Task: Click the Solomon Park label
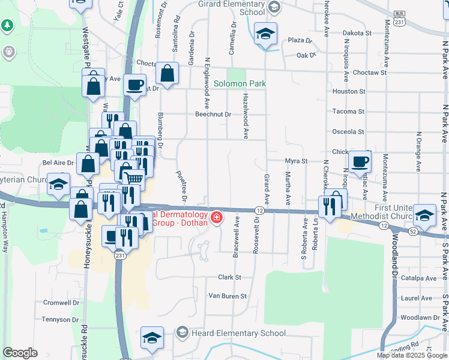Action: pos(240,84)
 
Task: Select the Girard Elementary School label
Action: pos(232,7)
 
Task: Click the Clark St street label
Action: pos(229,277)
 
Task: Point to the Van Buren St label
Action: pos(227,296)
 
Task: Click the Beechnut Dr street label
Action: pos(213,114)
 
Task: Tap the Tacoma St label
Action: pos(349,112)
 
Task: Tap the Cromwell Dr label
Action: pos(61,302)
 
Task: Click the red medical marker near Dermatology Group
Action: pos(215,217)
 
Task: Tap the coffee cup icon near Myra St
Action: pos(360,160)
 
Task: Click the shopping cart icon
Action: pos(133,177)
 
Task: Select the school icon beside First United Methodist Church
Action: pos(424,215)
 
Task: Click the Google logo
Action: pos(20,353)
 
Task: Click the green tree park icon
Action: pos(7,26)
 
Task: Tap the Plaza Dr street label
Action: pos(300,40)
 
